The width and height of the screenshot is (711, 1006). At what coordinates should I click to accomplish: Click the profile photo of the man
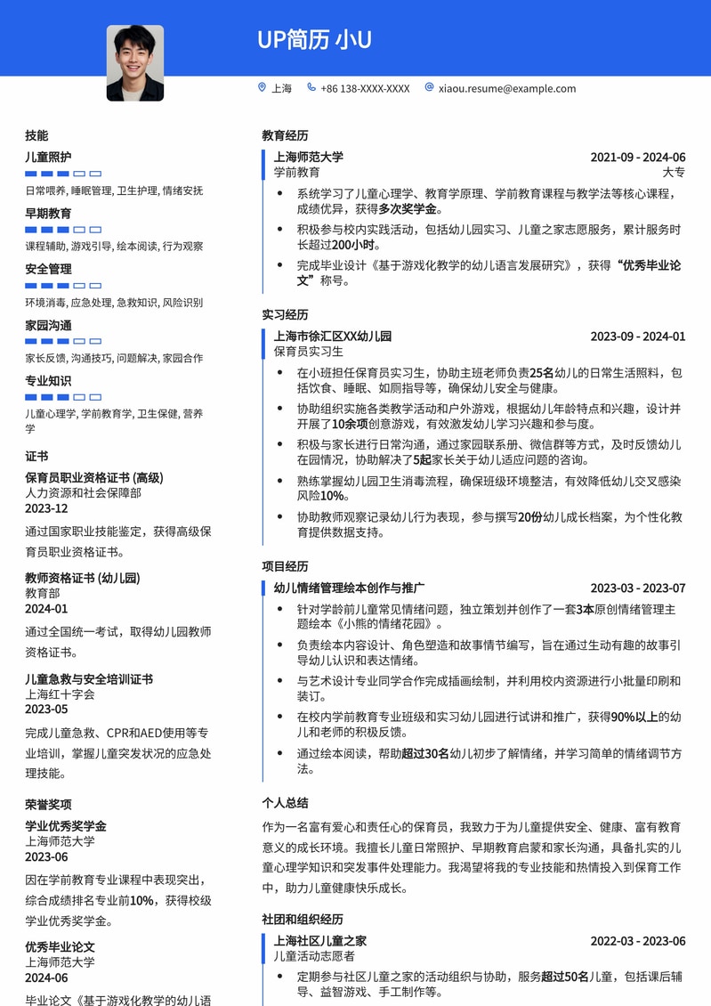coord(135,62)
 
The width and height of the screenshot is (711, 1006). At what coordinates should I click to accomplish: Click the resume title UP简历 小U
coord(314,40)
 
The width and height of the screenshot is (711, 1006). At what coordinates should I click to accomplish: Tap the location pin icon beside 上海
coord(262,87)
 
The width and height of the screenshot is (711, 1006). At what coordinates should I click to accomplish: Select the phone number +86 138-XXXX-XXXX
coord(365,88)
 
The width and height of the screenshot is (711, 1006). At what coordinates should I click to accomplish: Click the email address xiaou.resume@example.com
coord(506,88)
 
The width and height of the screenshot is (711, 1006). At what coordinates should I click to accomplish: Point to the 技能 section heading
coord(36,135)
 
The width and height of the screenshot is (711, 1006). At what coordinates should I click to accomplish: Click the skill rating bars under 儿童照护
coord(63,174)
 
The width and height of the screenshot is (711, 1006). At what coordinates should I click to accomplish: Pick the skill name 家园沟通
coord(48,325)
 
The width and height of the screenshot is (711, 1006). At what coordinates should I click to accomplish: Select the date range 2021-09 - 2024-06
coord(637,158)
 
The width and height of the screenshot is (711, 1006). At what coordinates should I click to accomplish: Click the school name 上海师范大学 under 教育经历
coord(308,158)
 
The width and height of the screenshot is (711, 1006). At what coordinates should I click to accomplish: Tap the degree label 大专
coord(674,172)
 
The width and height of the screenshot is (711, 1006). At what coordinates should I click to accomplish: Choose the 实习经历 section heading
coord(285,314)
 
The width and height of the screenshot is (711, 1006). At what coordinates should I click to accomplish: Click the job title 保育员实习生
coord(308,352)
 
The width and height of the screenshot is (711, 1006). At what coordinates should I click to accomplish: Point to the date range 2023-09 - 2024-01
coord(637,337)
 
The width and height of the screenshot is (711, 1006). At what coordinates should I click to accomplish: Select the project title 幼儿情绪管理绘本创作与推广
coord(349,588)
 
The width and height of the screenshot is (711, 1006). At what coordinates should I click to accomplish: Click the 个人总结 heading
coord(285,802)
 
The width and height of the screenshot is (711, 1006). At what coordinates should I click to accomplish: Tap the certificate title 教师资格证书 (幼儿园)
coord(82,578)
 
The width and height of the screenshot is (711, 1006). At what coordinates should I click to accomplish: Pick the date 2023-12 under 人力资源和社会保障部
coord(46,508)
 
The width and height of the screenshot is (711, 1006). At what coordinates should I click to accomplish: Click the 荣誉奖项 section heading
coord(48,804)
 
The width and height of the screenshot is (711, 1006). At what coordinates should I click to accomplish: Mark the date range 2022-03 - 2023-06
coord(637,941)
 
